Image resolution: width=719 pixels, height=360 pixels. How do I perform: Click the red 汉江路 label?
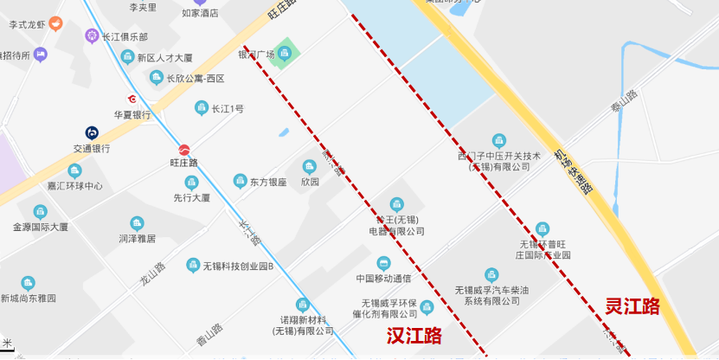coord(414,335)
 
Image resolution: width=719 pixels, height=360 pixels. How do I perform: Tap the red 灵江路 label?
coord(632,305)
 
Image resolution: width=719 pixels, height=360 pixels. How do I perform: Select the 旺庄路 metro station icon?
coord(184,148)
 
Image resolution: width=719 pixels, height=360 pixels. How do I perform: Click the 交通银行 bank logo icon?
coord(91,132)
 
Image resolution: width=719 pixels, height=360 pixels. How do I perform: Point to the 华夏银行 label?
coord(132,114)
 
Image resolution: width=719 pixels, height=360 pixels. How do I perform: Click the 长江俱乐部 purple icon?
coord(92,36)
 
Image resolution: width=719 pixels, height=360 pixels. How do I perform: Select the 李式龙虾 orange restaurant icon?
coord(55,23)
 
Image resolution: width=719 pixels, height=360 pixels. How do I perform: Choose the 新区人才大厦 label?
coord(164,57)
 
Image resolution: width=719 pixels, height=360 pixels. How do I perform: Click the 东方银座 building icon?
coord(240,181)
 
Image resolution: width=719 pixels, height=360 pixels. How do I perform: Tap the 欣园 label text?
coord(310,182)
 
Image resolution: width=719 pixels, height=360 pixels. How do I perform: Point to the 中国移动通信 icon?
coord(383,262)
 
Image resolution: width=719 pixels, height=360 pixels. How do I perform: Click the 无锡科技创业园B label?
coord(238,266)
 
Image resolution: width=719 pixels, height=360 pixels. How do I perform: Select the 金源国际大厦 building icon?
coord(40,211)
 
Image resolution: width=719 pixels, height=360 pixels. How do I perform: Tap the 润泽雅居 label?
coord(137,238)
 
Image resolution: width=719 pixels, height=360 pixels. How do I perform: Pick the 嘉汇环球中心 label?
coord(74,186)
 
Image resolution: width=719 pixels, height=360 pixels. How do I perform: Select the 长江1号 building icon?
coord(201,108)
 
